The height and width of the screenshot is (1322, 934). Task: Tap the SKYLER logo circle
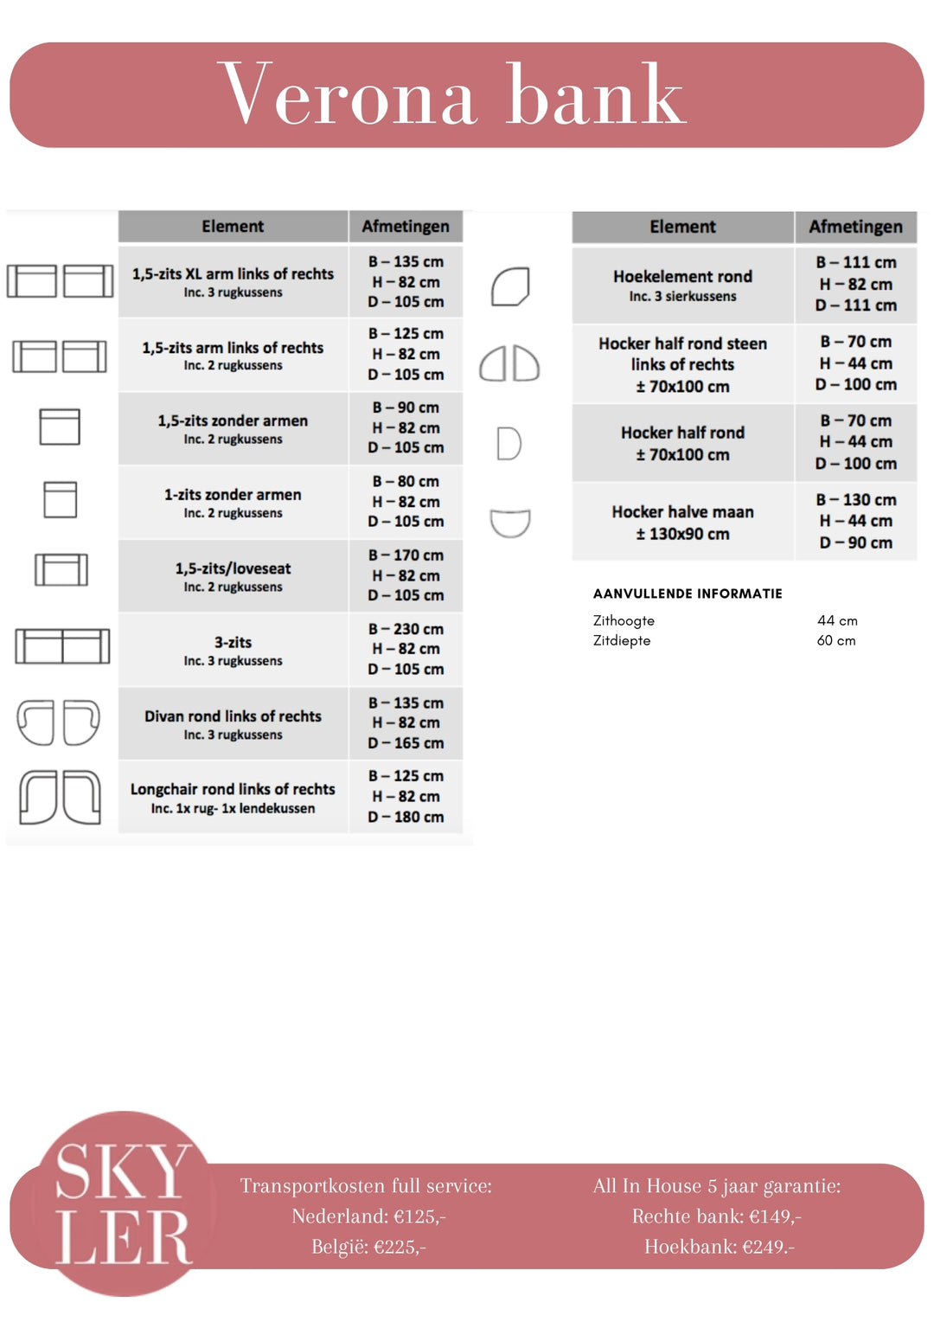pyautogui.click(x=124, y=1203)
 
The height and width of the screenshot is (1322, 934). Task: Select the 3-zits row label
pyautogui.click(x=233, y=643)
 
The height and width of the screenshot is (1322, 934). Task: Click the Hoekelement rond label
pyautogui.click(x=682, y=277)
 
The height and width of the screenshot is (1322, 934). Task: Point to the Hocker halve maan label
pyautogui.click(x=682, y=512)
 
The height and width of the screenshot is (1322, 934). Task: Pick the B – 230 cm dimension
pyautogui.click(x=406, y=629)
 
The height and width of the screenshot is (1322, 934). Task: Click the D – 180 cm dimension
pyautogui.click(x=406, y=817)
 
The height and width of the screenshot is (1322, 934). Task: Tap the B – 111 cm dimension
pyautogui.click(x=855, y=262)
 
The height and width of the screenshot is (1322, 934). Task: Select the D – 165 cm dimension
pyautogui.click(x=406, y=743)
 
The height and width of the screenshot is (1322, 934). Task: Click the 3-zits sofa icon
pyautogui.click(x=62, y=646)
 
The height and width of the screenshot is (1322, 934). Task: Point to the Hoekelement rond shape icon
pyautogui.click(x=510, y=286)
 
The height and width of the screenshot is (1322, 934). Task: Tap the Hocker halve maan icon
pyautogui.click(x=510, y=523)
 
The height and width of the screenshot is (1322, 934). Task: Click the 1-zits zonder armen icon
pyautogui.click(x=60, y=499)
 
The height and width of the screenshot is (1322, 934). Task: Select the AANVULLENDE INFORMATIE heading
pyautogui.click(x=688, y=594)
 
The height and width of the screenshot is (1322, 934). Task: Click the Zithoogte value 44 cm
pyautogui.click(x=837, y=620)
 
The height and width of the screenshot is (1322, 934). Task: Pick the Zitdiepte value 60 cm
pyautogui.click(x=836, y=640)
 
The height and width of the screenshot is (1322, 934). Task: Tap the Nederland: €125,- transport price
pyautogui.click(x=368, y=1216)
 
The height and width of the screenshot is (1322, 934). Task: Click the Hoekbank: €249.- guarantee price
pyautogui.click(x=719, y=1247)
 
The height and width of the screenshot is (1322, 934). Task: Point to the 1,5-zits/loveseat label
pyautogui.click(x=233, y=568)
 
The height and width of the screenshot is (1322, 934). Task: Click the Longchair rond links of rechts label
pyautogui.click(x=233, y=789)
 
